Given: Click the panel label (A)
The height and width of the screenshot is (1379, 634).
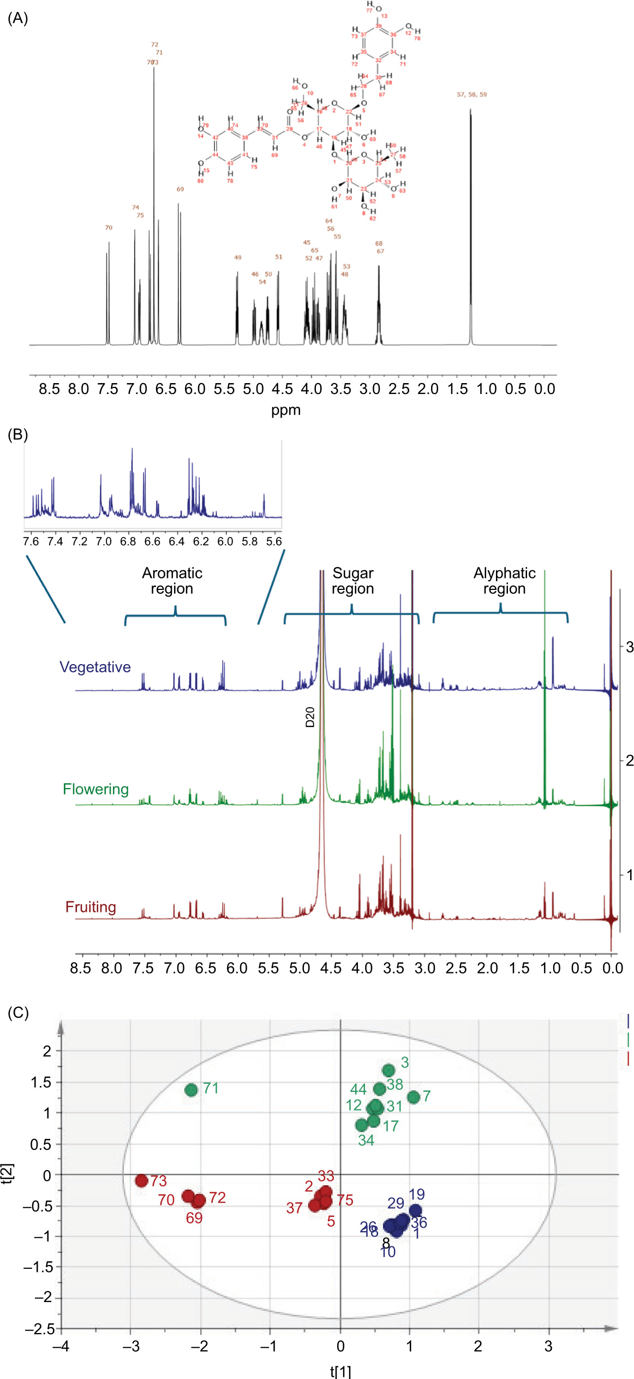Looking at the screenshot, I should click(17, 19).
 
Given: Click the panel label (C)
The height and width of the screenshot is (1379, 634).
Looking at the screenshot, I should click(17, 1013).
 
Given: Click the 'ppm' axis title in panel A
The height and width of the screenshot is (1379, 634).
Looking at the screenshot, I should click(286, 410).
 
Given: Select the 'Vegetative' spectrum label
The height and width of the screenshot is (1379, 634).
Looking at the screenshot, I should click(95, 667).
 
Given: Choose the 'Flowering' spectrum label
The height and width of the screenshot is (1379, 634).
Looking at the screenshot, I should click(95, 789).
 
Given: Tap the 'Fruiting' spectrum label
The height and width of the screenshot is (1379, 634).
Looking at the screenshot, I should click(91, 907).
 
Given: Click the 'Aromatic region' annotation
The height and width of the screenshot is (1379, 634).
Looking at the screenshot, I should click(172, 581).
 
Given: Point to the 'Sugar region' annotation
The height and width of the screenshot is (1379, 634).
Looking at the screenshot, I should click(353, 581).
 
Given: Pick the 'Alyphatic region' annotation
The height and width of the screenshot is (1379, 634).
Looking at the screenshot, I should click(504, 581).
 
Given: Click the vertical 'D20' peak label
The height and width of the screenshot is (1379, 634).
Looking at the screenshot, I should click(310, 717).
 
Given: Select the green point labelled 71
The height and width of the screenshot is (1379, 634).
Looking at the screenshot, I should click(191, 1090).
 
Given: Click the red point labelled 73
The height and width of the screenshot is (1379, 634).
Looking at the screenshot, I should click(142, 1180).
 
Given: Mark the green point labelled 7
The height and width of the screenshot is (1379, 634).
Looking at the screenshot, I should click(413, 1096).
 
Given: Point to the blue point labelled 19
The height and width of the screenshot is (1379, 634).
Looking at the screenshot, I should click(416, 1210).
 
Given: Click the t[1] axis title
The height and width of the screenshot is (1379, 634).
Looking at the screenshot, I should click(340, 1371).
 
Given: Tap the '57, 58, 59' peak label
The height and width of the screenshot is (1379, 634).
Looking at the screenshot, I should click(472, 95).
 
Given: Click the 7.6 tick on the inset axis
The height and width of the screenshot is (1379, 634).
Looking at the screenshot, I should click(31, 541).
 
